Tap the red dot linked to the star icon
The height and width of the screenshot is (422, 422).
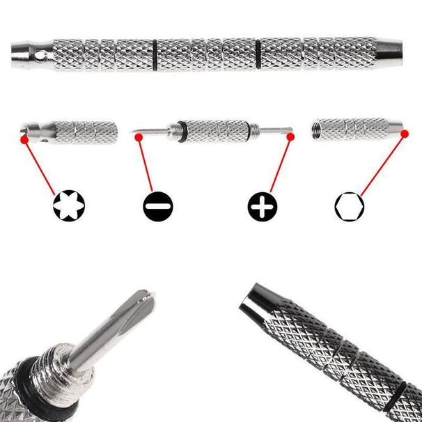point(26,139)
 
